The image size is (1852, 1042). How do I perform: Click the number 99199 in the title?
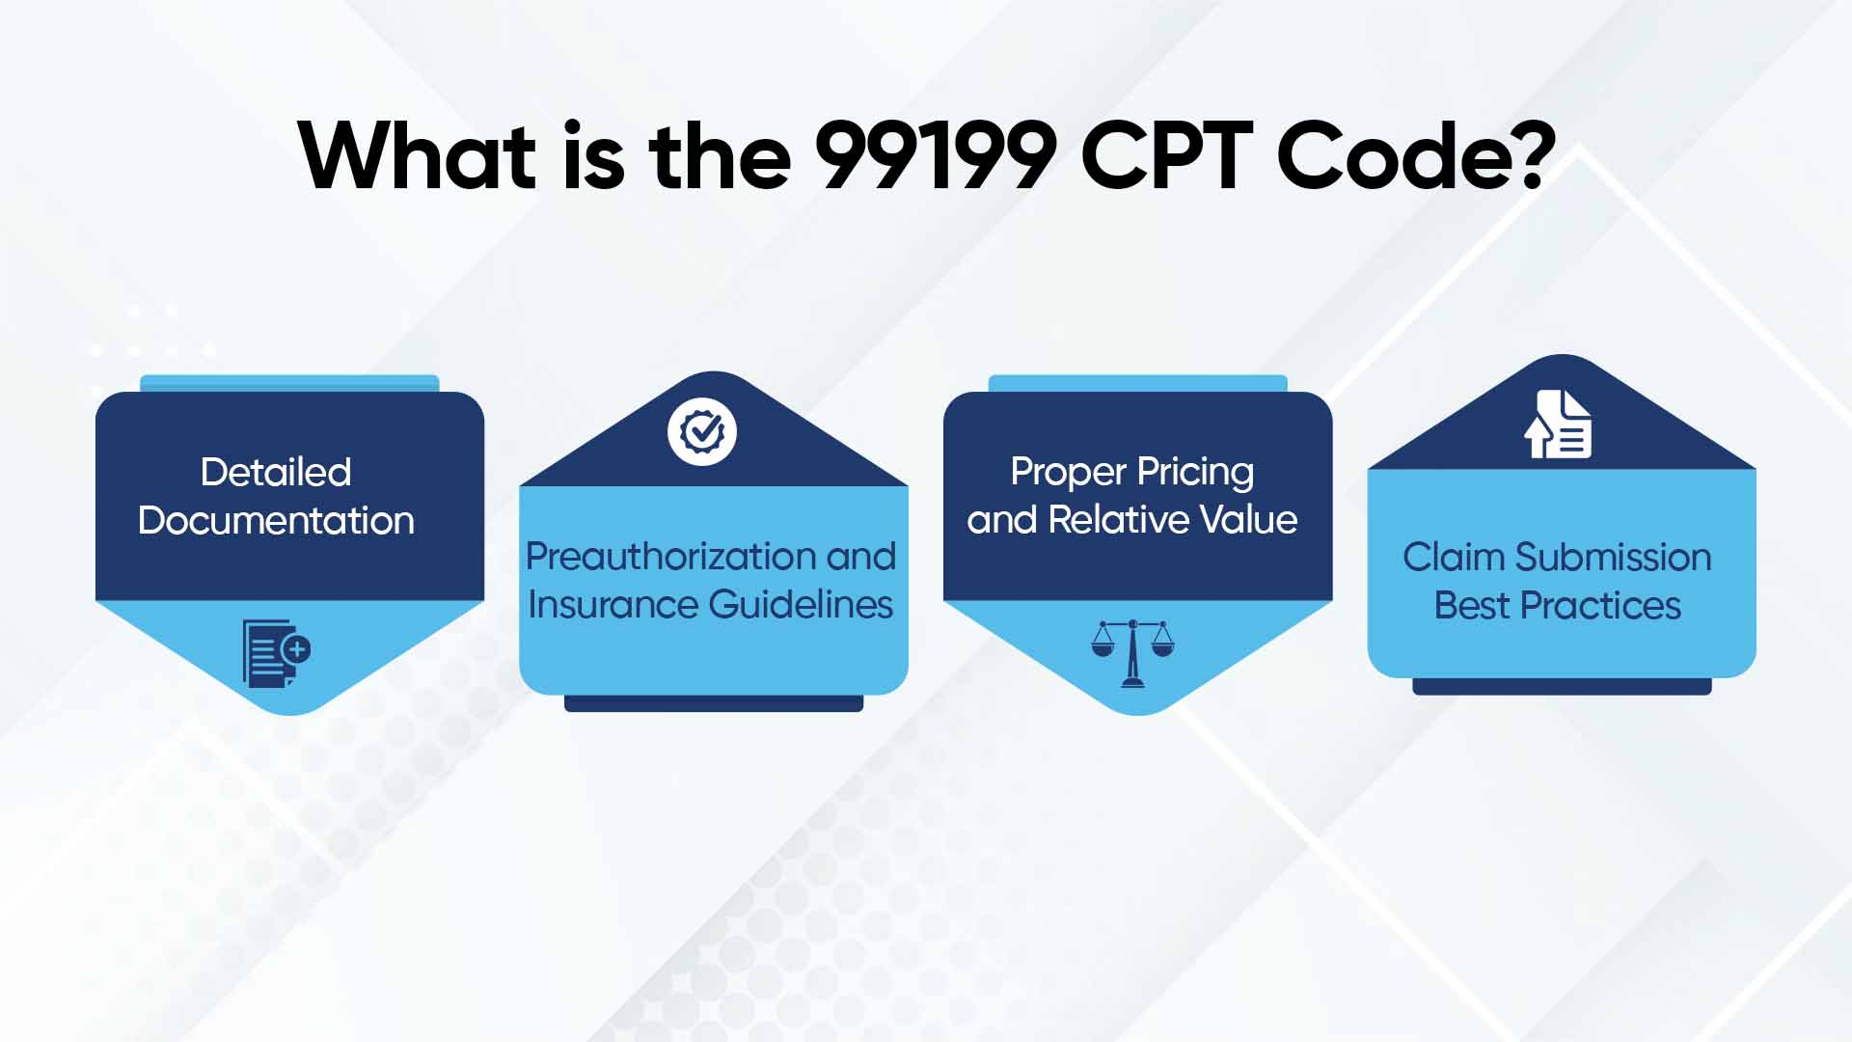pyautogui.click(x=935, y=156)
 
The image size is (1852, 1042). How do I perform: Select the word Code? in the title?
pyautogui.click(x=1414, y=156)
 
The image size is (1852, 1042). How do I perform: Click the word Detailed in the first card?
pyautogui.click(x=276, y=473)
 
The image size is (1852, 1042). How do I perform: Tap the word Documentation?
pyautogui.click(x=276, y=521)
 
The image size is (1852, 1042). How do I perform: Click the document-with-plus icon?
pyautogui.click(x=276, y=653)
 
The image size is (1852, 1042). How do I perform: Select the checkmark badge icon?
pyautogui.click(x=702, y=431)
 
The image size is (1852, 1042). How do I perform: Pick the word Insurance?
pyautogui.click(x=613, y=605)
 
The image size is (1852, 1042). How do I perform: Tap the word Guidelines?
pyautogui.click(x=801, y=605)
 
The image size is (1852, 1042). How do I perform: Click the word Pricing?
pyautogui.click(x=1195, y=473)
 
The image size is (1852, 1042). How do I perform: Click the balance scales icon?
pyautogui.click(x=1132, y=653)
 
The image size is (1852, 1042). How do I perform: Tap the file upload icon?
pyautogui.click(x=1558, y=425)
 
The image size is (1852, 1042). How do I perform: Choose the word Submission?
pyautogui.click(x=1613, y=558)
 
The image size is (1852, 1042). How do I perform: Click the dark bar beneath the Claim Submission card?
pyautogui.click(x=1562, y=686)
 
